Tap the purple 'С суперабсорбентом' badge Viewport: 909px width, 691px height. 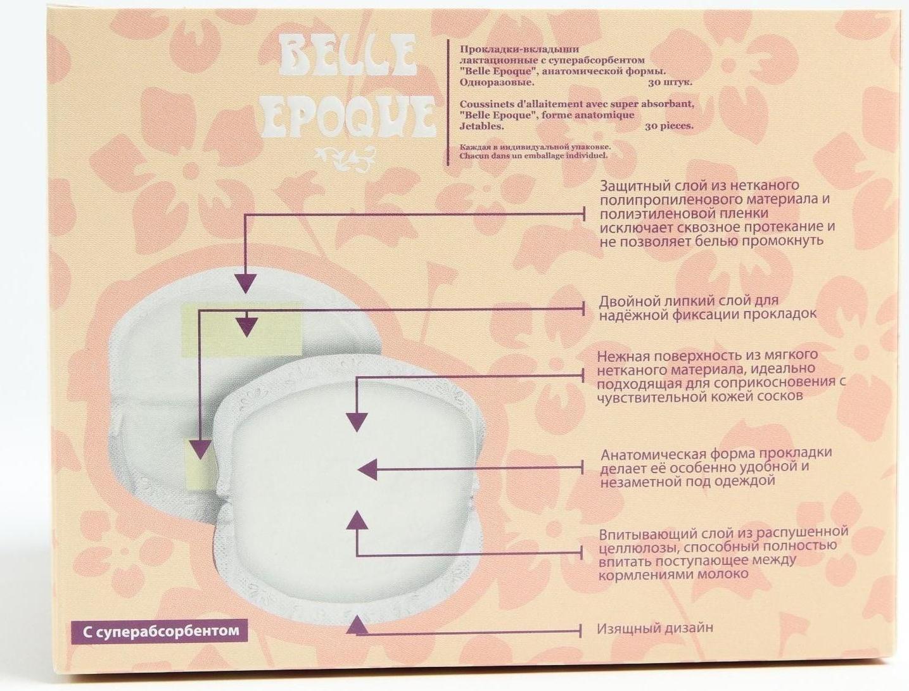[x=158, y=631]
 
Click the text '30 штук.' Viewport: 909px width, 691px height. [x=670, y=82]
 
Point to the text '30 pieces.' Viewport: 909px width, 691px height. [x=669, y=126]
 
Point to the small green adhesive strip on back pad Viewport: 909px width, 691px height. [x=198, y=466]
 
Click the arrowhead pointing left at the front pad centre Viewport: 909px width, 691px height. [x=367, y=469]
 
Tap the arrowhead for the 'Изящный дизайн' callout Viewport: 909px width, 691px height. [x=357, y=624]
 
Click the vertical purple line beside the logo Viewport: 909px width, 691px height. [x=448, y=101]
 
